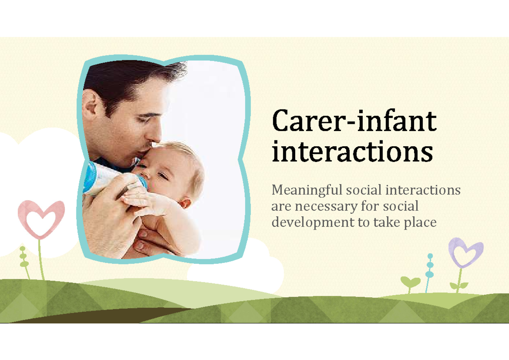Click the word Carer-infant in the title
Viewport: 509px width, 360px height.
click(x=354, y=121)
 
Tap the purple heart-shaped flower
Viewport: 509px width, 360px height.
click(x=465, y=253)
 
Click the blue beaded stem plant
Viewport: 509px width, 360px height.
click(x=430, y=267)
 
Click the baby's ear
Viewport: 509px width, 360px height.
click(x=185, y=203)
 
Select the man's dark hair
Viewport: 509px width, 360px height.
click(x=127, y=81)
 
